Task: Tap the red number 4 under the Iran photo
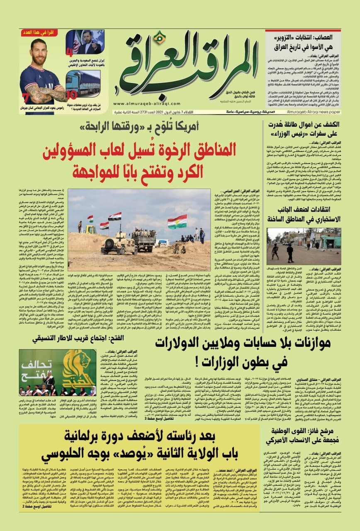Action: pyautogui.click(x=69, y=53)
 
